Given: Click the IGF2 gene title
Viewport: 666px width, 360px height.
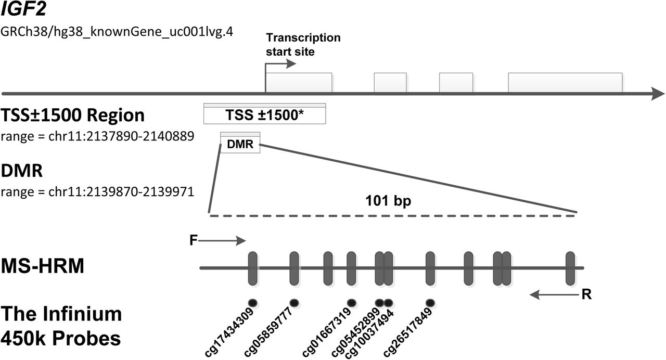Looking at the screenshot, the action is (23, 9).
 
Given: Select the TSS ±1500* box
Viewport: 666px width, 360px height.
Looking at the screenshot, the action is (265, 113).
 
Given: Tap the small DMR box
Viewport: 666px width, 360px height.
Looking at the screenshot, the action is (240, 143).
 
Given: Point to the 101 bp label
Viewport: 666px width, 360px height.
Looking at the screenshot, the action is (388, 201).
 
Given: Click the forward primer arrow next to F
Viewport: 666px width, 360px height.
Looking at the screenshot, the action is (222, 240).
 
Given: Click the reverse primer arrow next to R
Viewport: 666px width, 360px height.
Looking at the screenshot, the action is (554, 294).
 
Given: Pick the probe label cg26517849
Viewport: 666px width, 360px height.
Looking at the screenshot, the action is (407, 332).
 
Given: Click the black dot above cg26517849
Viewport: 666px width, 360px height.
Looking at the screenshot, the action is (430, 303).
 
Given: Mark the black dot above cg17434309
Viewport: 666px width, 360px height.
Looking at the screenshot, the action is (253, 303).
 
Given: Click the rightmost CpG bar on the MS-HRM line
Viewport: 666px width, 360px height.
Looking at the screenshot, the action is (570, 268).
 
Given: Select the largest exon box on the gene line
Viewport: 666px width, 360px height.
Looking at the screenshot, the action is (565, 82).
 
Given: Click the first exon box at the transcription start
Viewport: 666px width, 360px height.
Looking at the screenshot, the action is (299, 82).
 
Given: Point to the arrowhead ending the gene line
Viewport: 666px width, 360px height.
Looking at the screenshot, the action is (658, 94).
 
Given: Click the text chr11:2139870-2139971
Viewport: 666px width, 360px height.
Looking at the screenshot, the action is (121, 191).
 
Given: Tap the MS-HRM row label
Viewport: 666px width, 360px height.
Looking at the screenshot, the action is (43, 265).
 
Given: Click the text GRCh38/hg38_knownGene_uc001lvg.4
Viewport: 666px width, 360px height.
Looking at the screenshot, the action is (117, 31).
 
